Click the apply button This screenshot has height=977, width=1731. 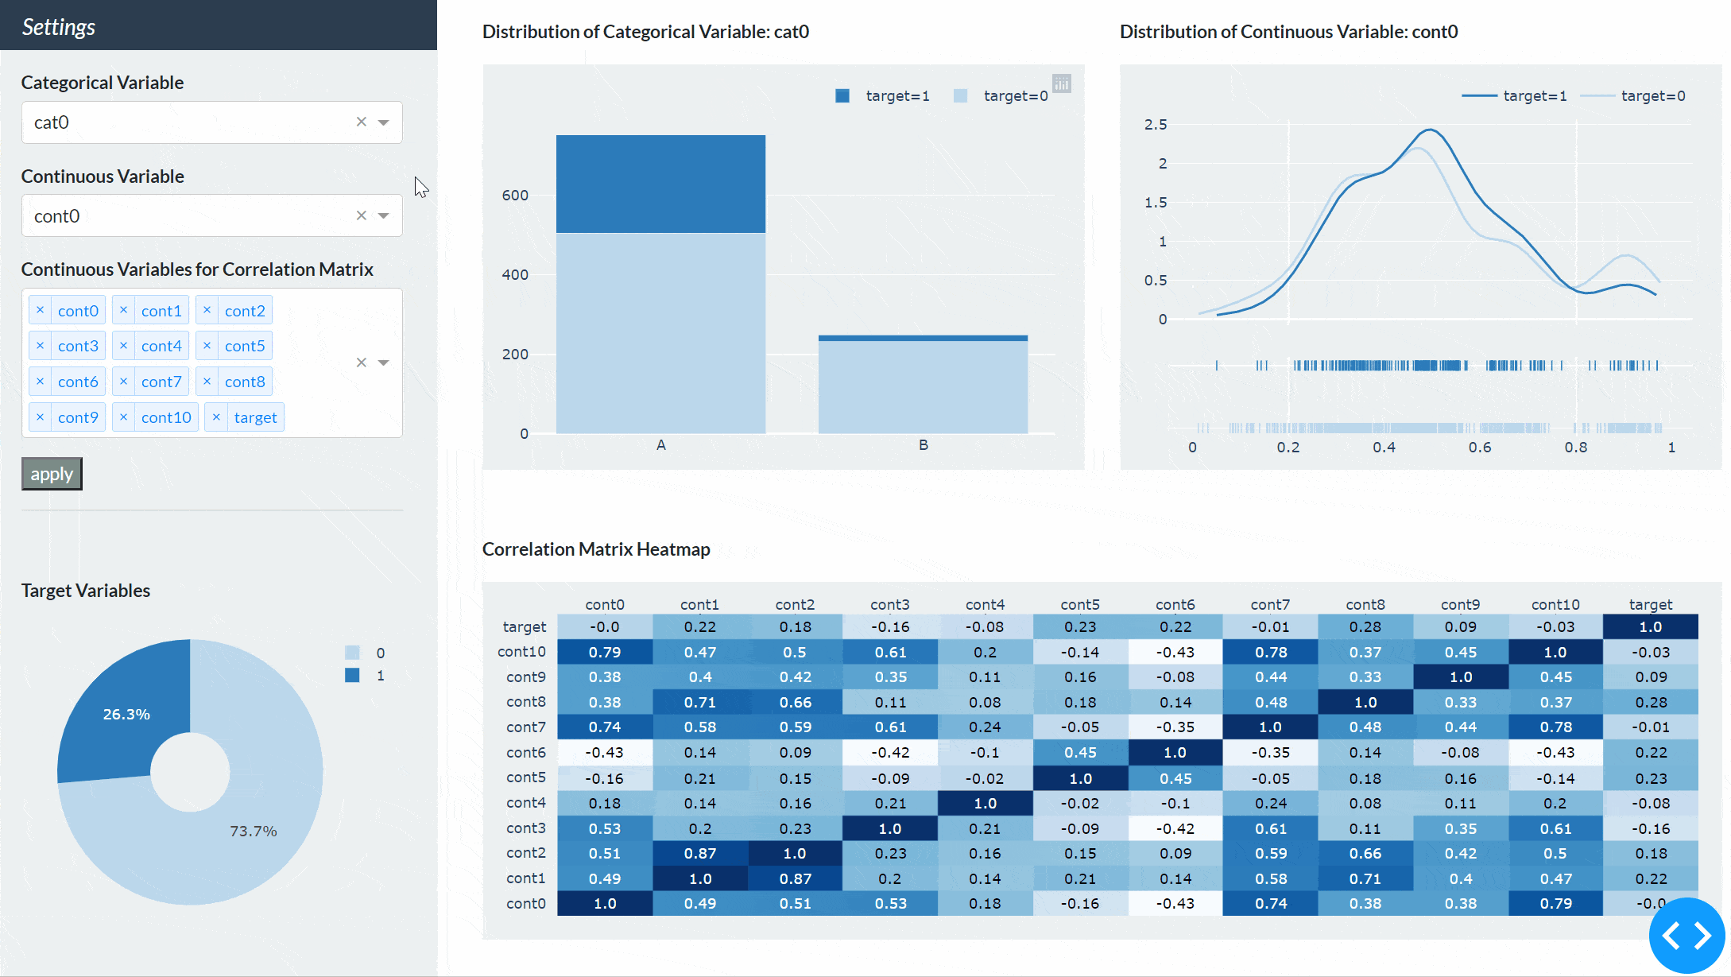click(52, 474)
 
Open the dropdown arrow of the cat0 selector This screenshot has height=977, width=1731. click(384, 122)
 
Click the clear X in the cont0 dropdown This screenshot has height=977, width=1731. click(362, 215)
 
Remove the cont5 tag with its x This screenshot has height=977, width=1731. click(207, 346)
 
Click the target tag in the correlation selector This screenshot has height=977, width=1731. click(254, 417)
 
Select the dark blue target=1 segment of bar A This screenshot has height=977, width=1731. click(660, 184)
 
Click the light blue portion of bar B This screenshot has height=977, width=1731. click(923, 387)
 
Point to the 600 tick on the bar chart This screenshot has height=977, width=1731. click(515, 195)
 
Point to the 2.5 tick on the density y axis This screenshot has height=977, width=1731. click(1156, 124)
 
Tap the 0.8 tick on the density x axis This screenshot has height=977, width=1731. click(1576, 448)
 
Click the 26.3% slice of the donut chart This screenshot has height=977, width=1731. click(126, 713)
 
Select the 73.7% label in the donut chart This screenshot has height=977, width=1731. click(253, 831)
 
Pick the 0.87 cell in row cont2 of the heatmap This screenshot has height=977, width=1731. click(699, 853)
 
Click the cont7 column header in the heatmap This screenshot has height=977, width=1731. click(1270, 604)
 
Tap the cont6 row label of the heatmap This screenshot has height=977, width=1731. click(525, 752)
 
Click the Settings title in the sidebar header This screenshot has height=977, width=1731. click(58, 27)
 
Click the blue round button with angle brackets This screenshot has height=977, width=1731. click(1686, 936)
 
